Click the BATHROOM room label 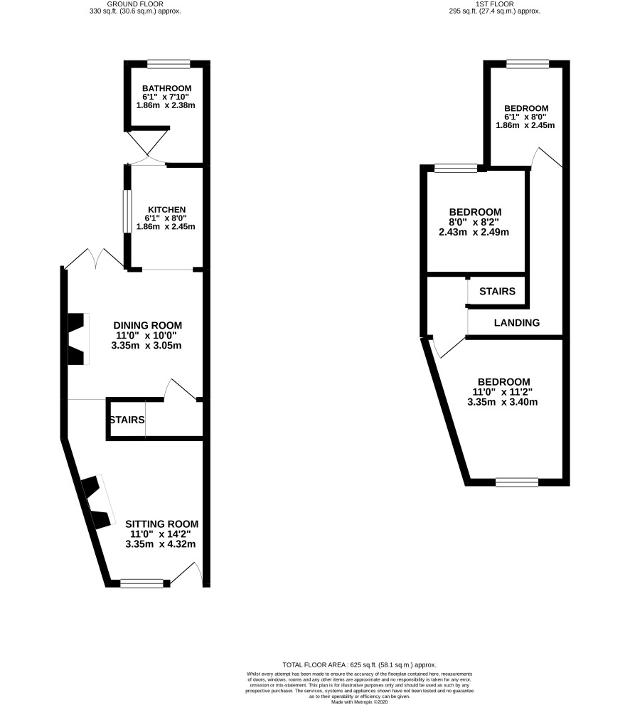[166, 89]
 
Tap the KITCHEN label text [166, 210]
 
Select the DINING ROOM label [147, 325]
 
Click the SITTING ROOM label [161, 524]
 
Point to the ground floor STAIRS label [127, 420]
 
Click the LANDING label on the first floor [517, 322]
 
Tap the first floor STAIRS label [497, 291]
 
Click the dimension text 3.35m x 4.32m [161, 544]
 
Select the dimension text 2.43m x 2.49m [474, 232]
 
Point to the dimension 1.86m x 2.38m [166, 105]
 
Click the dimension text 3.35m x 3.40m [503, 402]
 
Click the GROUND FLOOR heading [135, 4]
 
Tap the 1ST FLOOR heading [494, 4]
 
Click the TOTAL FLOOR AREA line [360, 664]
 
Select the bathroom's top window [169, 64]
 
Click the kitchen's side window [127, 211]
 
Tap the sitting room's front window [142, 583]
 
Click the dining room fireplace [78, 339]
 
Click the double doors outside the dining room [94, 259]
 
